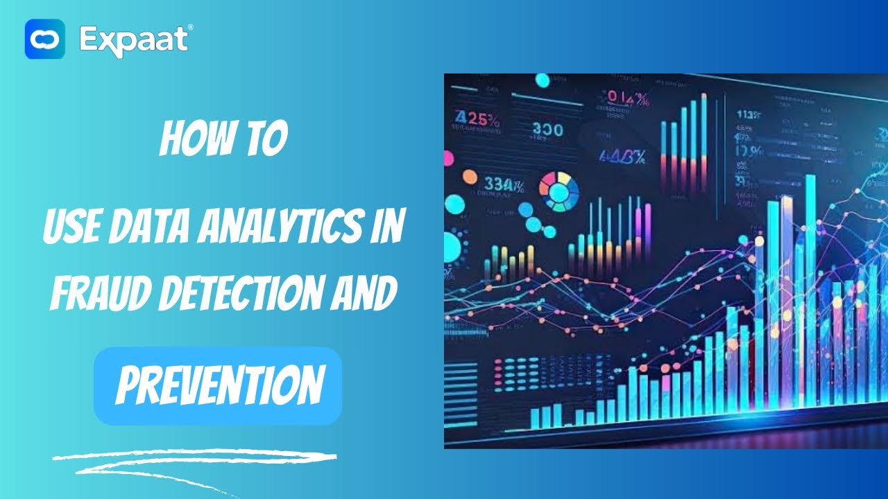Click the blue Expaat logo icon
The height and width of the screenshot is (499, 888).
[45, 39]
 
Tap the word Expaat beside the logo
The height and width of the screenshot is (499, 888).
[133, 39]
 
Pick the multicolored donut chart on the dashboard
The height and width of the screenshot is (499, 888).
[559, 191]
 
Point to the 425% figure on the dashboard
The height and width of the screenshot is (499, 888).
[477, 119]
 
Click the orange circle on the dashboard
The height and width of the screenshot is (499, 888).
[470, 177]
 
